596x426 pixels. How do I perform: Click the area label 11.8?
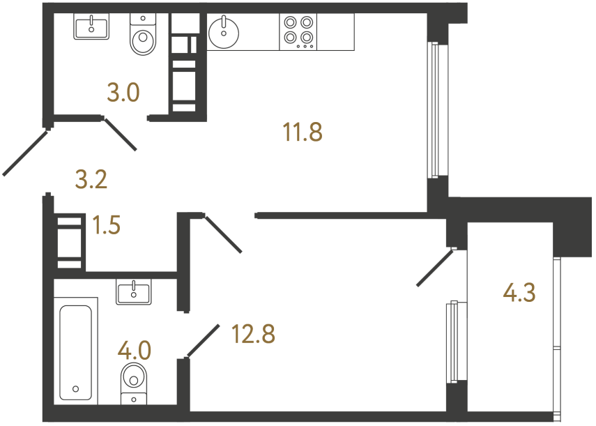[x=303, y=131]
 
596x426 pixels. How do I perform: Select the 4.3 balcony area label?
[x=519, y=293]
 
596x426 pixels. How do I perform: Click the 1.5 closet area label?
[x=106, y=226]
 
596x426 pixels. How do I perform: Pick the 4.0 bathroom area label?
[x=135, y=349]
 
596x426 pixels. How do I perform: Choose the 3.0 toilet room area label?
[x=124, y=91]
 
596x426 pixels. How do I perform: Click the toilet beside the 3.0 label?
[x=143, y=37]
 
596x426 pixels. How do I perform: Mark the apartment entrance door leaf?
[x=26, y=152]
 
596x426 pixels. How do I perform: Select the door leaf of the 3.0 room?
[x=121, y=133]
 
